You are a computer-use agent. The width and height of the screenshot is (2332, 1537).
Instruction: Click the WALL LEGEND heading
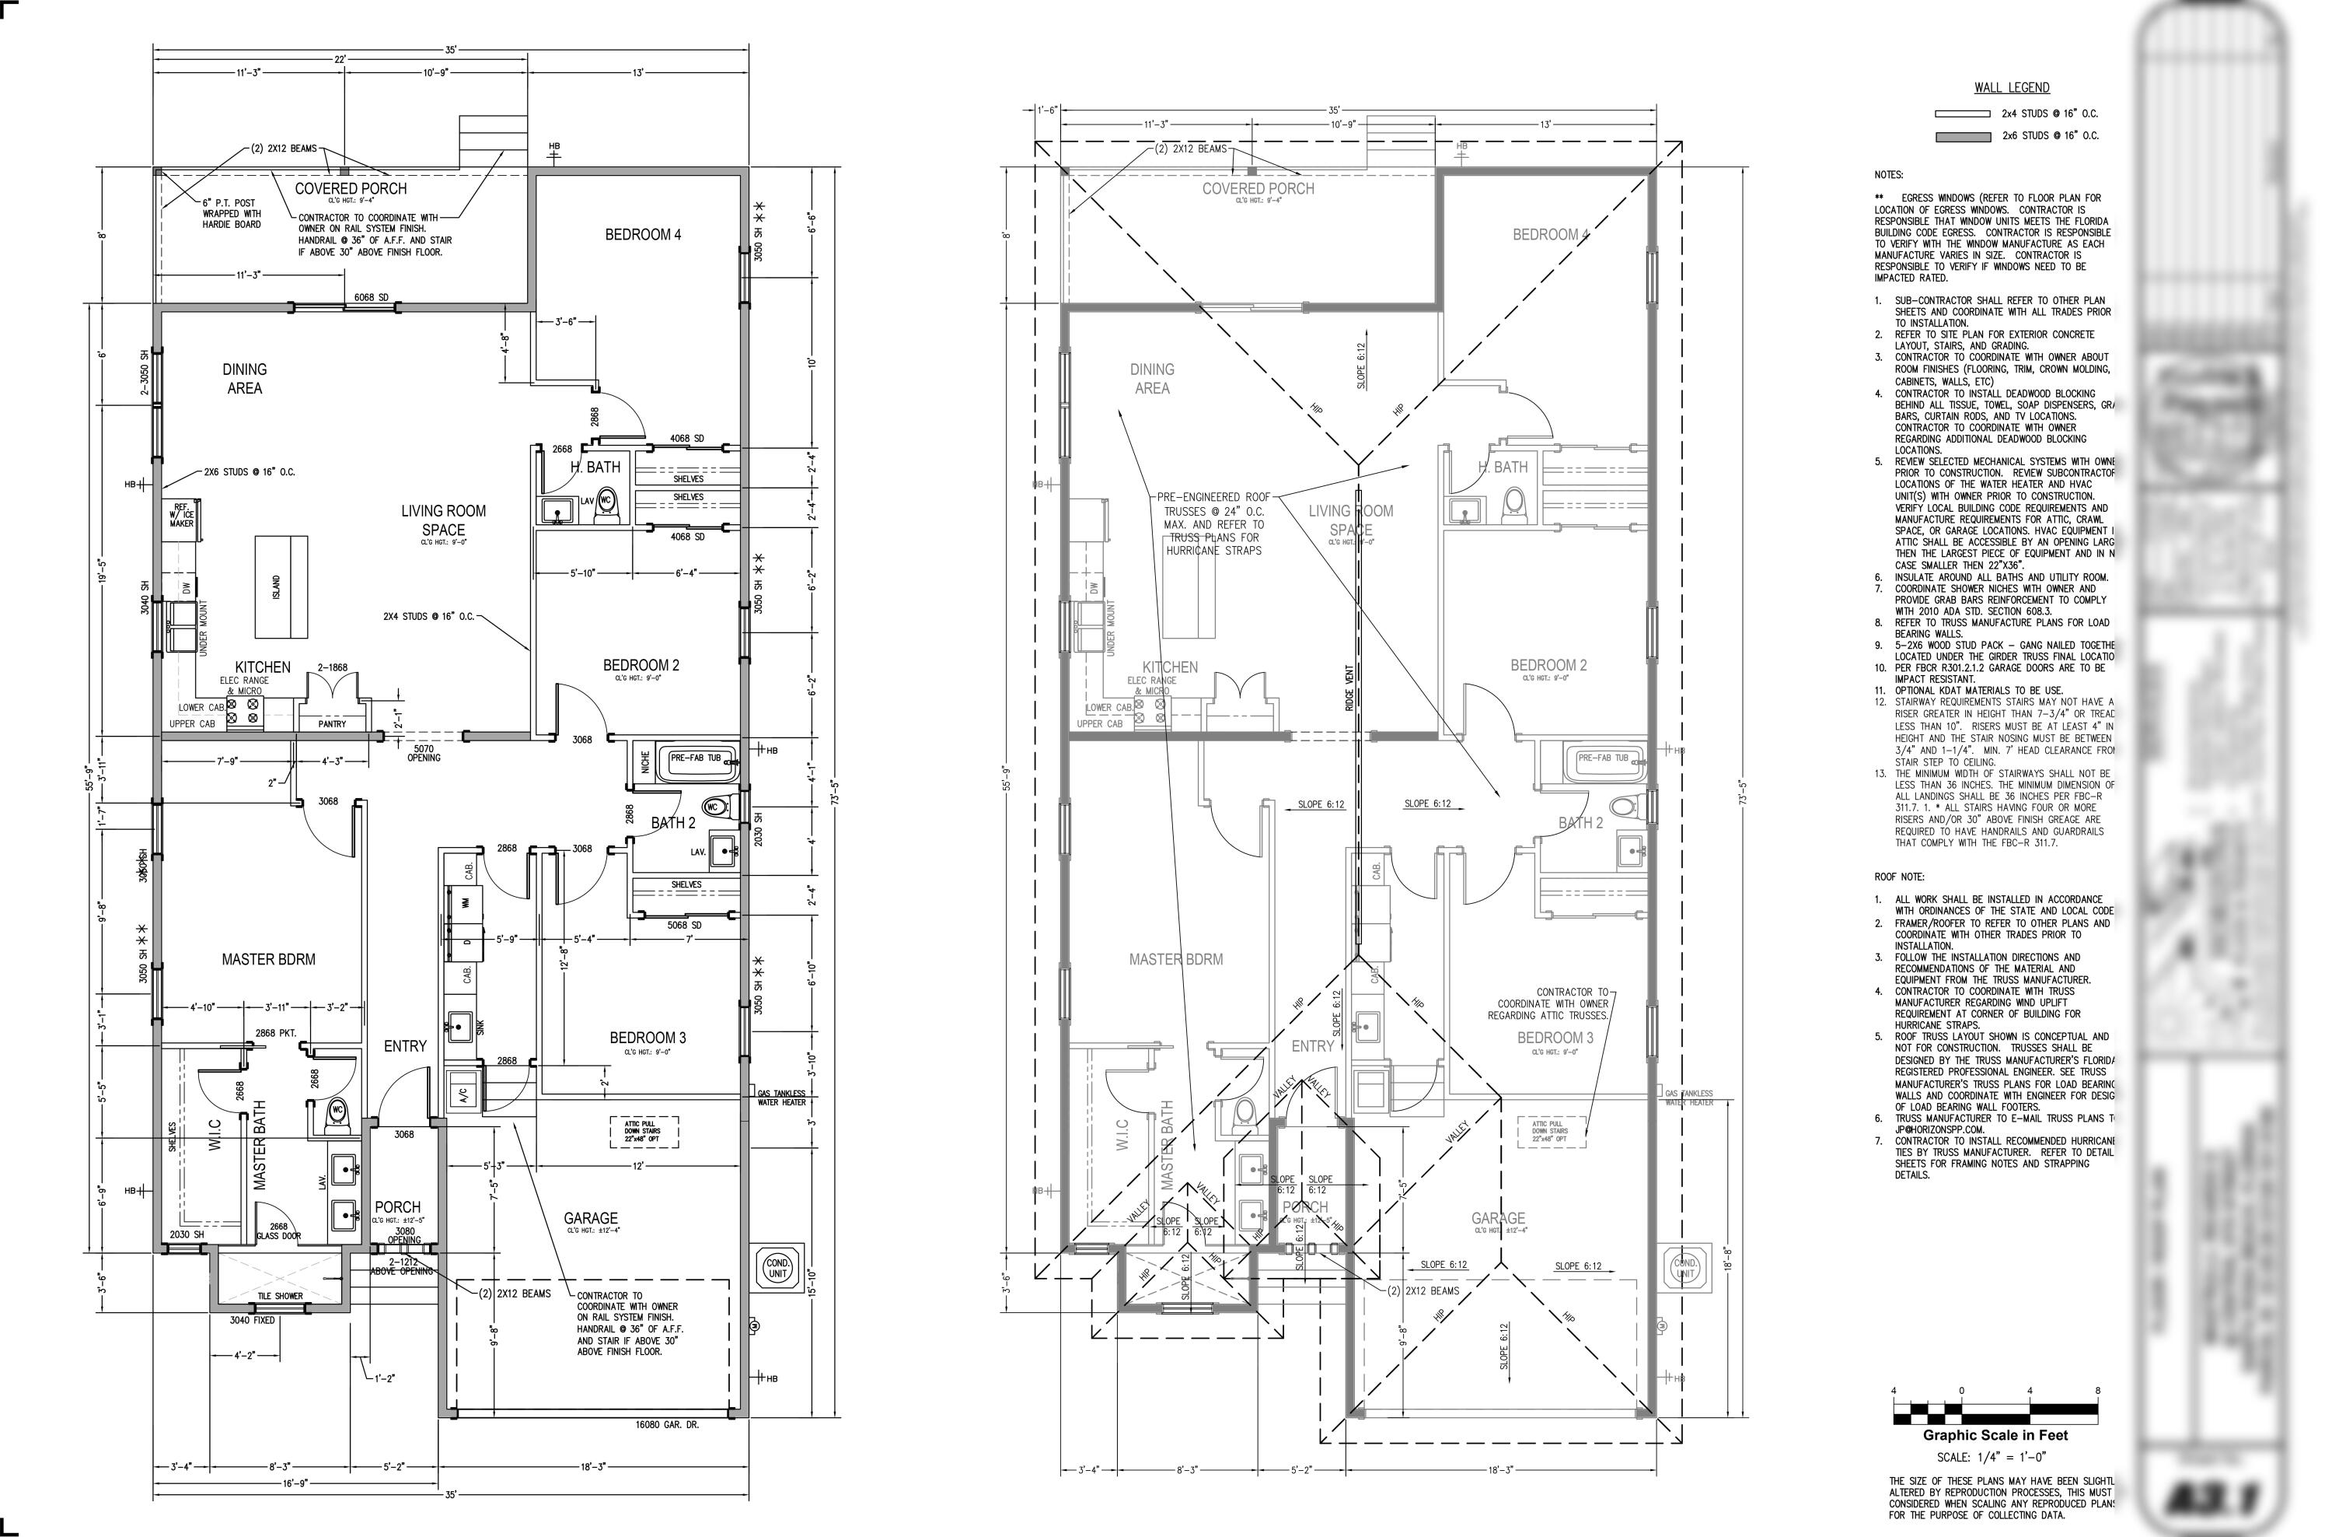point(2012,88)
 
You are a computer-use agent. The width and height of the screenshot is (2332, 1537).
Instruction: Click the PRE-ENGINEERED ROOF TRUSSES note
point(1213,524)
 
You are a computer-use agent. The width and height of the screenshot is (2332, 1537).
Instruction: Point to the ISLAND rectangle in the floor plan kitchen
point(281,587)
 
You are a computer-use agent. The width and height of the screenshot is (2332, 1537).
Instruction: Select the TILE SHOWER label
point(281,1296)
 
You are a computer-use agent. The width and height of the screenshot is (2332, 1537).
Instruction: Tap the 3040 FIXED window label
point(252,1320)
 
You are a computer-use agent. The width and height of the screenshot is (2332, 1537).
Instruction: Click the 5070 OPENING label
point(424,753)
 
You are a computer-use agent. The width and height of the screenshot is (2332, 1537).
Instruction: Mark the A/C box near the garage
point(463,1092)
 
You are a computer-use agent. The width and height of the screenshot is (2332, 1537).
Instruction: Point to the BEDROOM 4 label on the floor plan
point(643,234)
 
